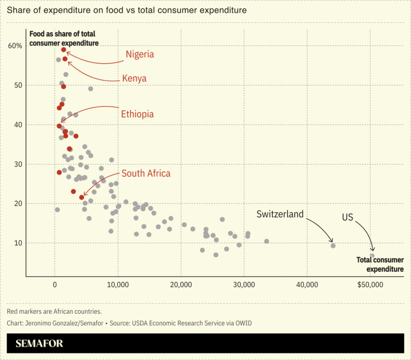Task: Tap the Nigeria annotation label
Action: click(140, 54)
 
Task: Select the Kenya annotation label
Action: click(134, 78)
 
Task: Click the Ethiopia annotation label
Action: click(137, 114)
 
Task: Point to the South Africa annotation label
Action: click(146, 173)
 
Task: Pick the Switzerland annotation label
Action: click(280, 214)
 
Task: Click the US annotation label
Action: click(348, 217)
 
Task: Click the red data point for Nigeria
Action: click(64, 49)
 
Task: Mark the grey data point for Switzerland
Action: click(333, 246)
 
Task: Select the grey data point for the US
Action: click(372, 256)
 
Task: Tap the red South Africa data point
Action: click(82, 197)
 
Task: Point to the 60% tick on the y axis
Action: click(14, 46)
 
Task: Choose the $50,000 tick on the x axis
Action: click(370, 284)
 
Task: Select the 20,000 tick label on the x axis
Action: click(181, 284)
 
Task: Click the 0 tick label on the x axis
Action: click(55, 284)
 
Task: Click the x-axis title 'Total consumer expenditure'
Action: click(379, 264)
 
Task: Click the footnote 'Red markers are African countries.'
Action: click(54, 312)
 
